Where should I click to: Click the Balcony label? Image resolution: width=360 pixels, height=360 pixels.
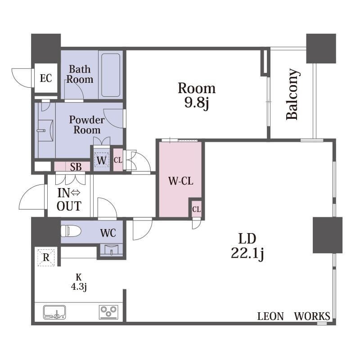coord(293,94)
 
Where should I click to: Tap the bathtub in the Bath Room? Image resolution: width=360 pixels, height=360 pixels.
coord(111,75)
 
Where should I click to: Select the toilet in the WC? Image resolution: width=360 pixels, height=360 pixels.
coord(71,231)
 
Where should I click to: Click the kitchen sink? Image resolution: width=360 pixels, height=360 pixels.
coord(54,312)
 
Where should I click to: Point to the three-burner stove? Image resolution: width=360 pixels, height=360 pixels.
coord(108,312)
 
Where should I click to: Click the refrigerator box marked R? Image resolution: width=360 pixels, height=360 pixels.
coord(46,257)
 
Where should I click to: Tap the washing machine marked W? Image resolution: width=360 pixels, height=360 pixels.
coord(102,160)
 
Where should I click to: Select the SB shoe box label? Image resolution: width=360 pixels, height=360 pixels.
coord(76,167)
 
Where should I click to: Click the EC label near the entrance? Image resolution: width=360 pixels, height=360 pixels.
coord(46,78)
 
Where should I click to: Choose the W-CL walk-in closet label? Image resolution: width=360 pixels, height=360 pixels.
coord(181,181)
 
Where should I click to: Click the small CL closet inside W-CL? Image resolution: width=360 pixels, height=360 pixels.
coord(196,209)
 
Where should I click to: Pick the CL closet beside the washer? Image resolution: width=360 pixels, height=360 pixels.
coord(118,160)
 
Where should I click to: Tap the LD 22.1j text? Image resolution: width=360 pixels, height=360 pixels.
coord(247,246)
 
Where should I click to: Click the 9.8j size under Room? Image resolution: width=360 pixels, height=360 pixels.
coord(197,102)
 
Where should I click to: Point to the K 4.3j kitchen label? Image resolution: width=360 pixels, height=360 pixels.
coord(79,282)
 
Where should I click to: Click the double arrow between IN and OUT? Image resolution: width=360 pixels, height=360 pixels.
coord(76,193)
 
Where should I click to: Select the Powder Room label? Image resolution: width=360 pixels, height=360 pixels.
coord(87,125)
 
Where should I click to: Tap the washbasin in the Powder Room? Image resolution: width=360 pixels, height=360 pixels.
coord(45,130)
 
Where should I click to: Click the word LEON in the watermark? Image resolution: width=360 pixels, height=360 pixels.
coord(270,316)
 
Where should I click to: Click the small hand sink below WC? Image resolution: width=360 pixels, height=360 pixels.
coord(112,249)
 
